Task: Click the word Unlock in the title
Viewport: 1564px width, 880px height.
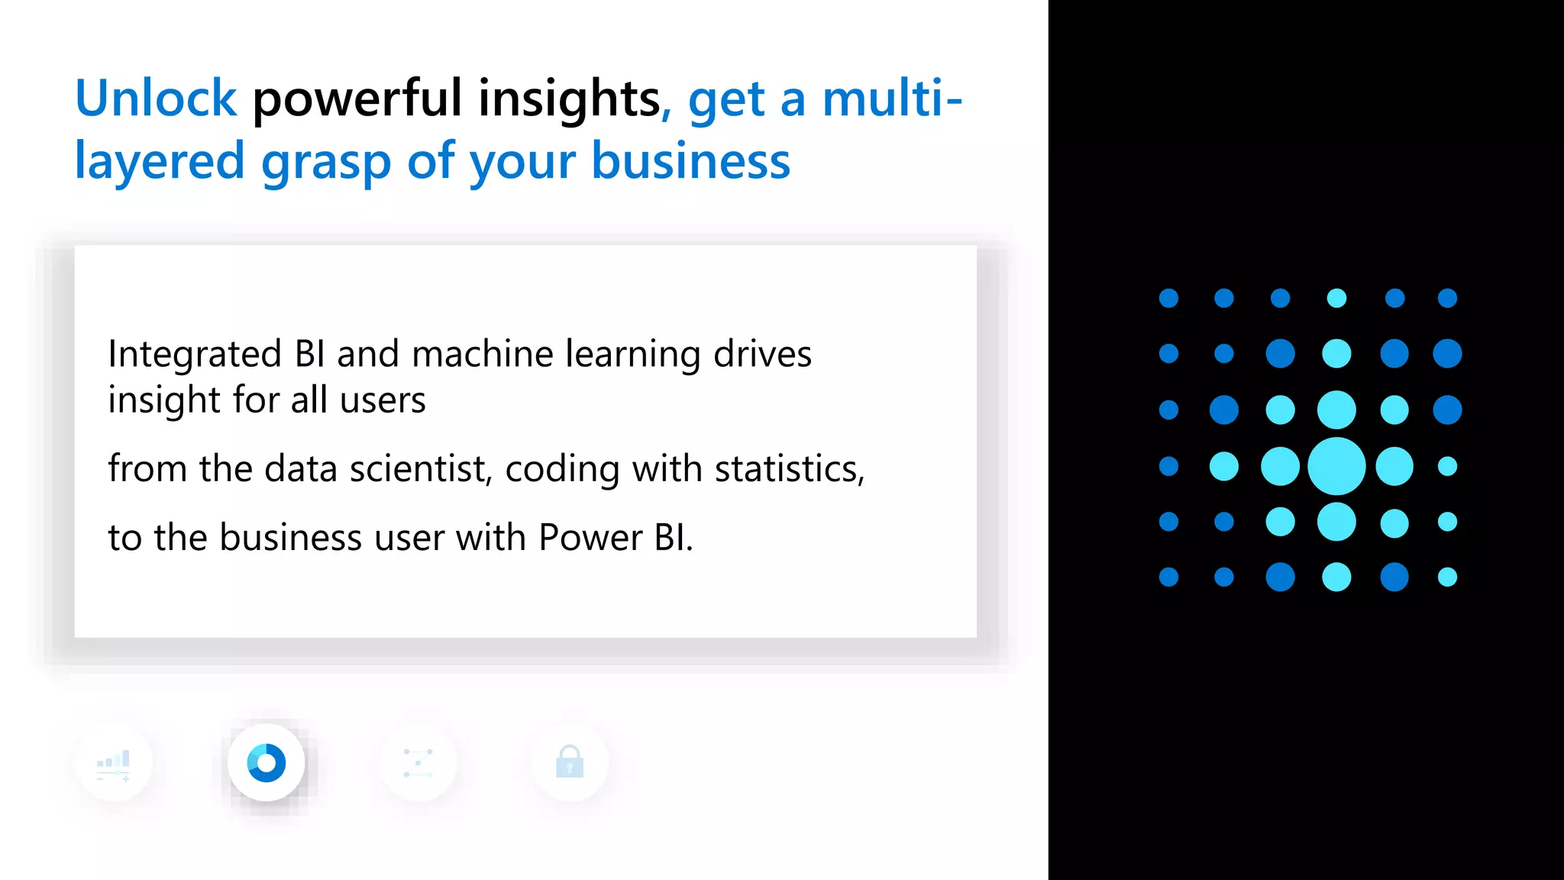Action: click(156, 99)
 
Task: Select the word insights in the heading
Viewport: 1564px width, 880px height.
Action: click(569, 99)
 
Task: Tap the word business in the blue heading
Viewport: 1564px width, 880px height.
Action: click(690, 161)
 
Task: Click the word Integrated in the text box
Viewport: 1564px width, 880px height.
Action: click(195, 354)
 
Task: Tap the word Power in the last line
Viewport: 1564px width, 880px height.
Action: click(590, 538)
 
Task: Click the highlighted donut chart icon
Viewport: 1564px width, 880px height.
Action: click(267, 763)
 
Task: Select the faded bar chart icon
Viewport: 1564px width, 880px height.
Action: click(114, 763)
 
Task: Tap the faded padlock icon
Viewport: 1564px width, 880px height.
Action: click(570, 762)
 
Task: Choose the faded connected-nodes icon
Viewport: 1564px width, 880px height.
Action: click(418, 763)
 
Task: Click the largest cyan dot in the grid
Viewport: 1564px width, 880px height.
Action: click(1336, 466)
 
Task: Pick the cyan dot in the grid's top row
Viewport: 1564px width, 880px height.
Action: click(1336, 298)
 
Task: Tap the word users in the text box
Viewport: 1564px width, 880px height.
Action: click(383, 400)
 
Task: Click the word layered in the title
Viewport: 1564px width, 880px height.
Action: click(160, 161)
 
